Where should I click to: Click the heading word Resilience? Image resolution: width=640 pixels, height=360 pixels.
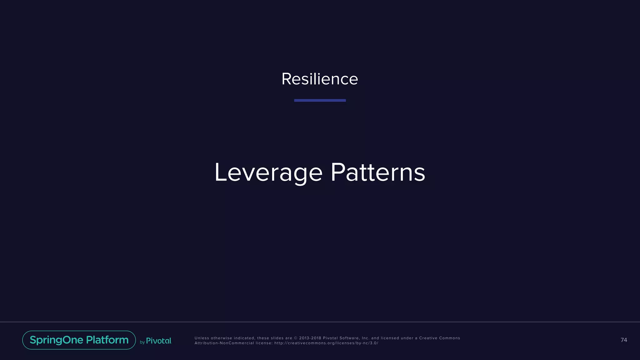[x=320, y=79]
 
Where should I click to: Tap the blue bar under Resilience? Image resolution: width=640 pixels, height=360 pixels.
[x=320, y=100]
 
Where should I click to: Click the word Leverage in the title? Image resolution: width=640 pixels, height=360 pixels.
[x=268, y=172]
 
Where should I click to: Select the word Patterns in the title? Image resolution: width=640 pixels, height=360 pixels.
[x=378, y=172]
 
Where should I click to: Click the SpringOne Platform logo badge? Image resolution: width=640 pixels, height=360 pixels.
[x=79, y=340]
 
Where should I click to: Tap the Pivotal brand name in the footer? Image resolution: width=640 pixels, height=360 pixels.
[x=159, y=341]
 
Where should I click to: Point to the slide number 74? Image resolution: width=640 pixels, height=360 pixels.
[x=624, y=340]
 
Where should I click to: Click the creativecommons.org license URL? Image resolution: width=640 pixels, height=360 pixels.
[x=326, y=343]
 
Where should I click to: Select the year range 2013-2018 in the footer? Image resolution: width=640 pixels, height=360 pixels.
[x=310, y=338]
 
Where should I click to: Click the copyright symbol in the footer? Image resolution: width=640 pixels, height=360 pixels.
[x=296, y=338]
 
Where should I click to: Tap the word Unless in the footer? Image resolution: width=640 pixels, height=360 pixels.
[x=202, y=338]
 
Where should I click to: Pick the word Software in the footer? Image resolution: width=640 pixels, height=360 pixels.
[x=349, y=338]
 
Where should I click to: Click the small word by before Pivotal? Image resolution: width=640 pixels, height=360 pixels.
[x=142, y=342]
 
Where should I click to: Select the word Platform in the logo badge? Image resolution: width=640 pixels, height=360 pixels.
[x=107, y=340]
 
